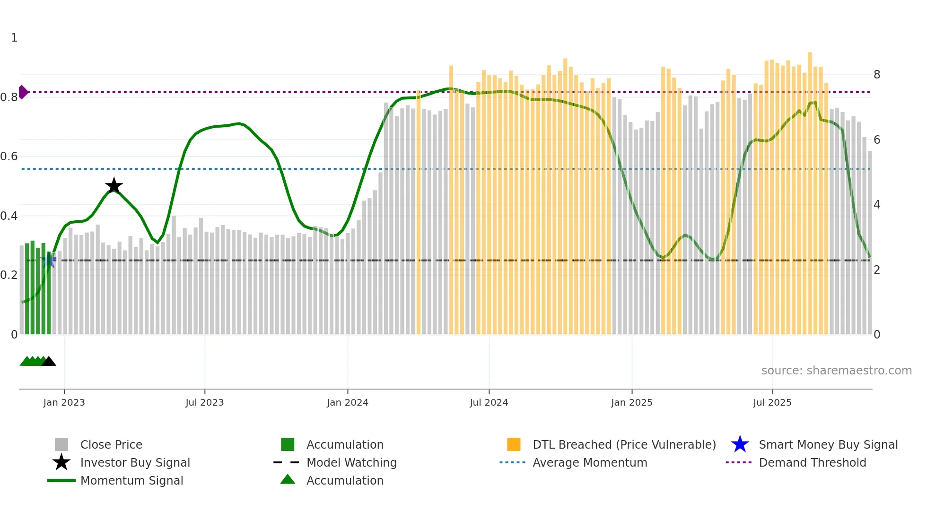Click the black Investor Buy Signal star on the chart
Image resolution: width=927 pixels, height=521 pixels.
tap(114, 186)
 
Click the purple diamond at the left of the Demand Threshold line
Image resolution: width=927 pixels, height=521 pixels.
tap(23, 92)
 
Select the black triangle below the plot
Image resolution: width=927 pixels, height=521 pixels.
tap(49, 362)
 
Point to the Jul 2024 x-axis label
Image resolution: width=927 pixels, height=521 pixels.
tap(489, 402)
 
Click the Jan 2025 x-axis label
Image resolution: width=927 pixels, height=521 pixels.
tap(631, 402)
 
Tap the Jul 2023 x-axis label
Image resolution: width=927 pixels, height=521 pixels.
tap(204, 402)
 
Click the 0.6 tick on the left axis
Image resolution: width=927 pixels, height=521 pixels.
tap(9, 156)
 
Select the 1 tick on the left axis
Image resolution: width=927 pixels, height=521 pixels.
tap(14, 38)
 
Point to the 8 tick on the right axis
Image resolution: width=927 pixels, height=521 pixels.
tap(877, 75)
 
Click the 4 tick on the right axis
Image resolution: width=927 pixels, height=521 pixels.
tap(877, 205)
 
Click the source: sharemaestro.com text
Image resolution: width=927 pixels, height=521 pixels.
tap(836, 371)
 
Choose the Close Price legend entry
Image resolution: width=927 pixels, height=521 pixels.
tap(111, 444)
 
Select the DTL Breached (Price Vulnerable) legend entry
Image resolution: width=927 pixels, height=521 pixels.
tap(624, 444)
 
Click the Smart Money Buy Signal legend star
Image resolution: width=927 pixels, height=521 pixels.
tap(740, 444)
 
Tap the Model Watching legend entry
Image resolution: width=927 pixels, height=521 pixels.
tap(351, 462)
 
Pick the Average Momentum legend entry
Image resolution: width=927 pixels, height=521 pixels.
tap(589, 462)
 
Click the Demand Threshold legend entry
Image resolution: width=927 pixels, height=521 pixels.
tap(812, 462)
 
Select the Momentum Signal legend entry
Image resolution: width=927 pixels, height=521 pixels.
tap(131, 480)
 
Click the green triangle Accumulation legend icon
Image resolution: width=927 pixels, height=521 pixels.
tap(288, 479)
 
